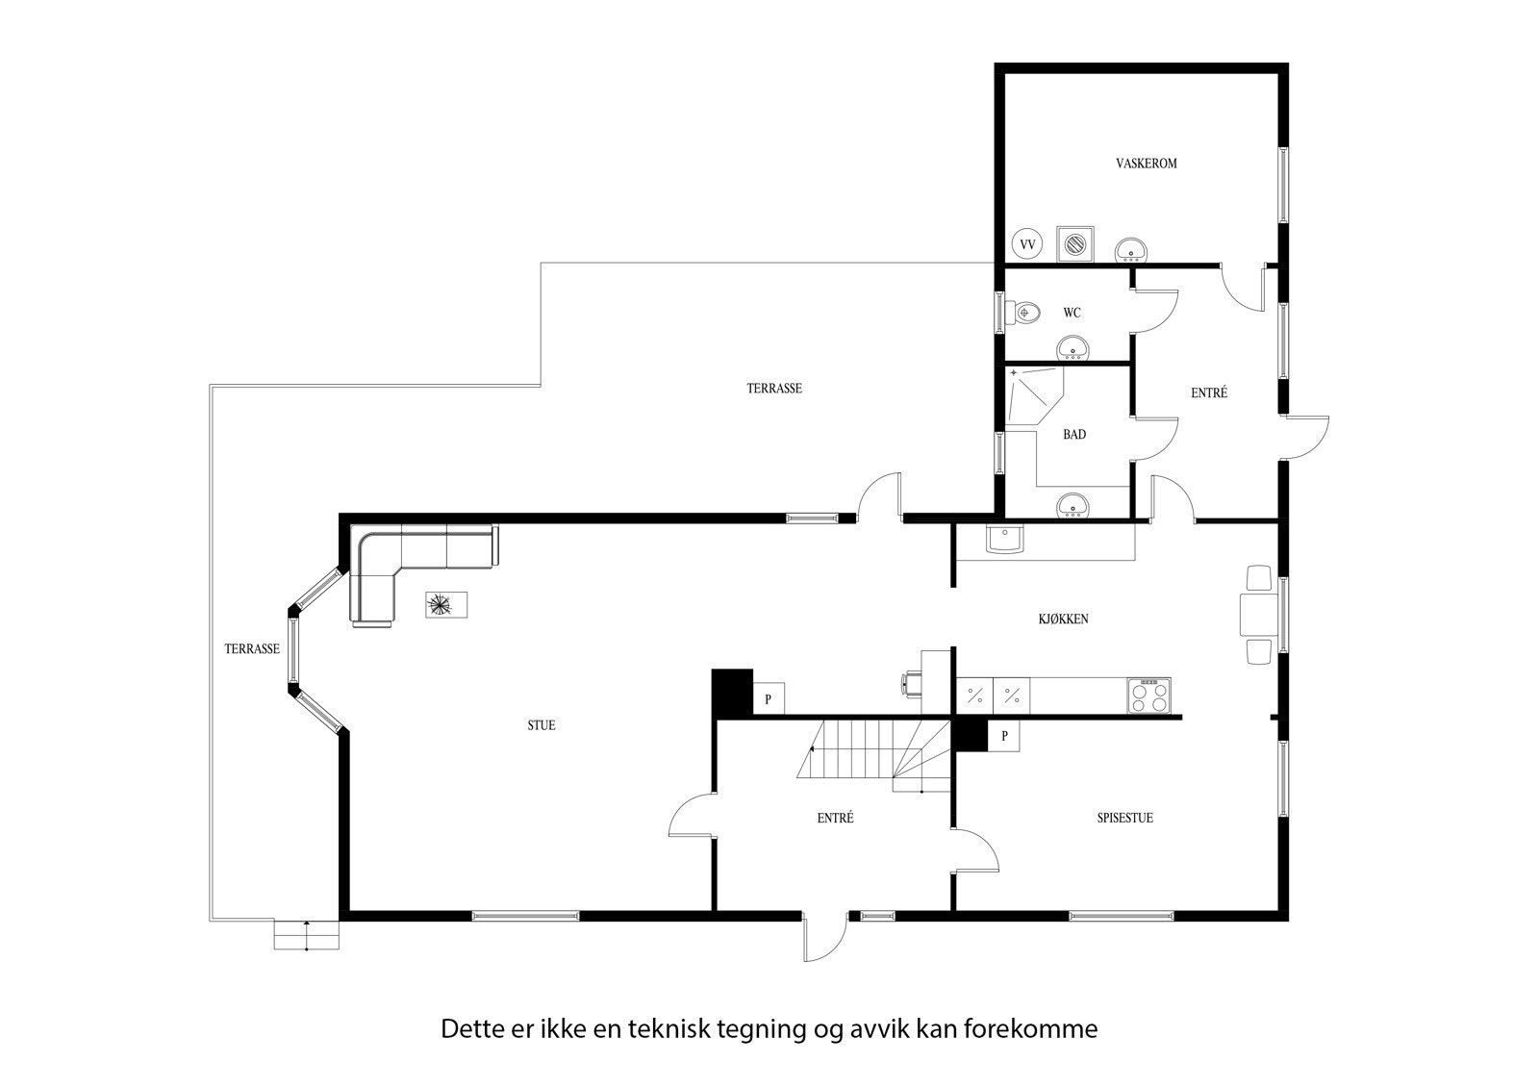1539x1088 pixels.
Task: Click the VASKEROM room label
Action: (1146, 164)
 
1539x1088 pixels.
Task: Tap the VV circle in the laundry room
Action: (1027, 245)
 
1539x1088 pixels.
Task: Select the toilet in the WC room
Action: (1025, 312)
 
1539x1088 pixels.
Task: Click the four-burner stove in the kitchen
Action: (1149, 696)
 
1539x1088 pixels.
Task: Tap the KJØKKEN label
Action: (1063, 620)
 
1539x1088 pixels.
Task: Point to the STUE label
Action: (541, 725)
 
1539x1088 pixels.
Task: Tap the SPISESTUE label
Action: (1124, 819)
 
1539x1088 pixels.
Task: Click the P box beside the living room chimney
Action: (768, 699)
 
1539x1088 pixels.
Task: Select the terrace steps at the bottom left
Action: (307, 935)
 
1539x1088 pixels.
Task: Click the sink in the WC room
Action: (1072, 347)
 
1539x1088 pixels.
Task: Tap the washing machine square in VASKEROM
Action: (1074, 243)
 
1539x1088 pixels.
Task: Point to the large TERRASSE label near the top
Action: (774, 389)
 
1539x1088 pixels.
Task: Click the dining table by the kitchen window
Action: (1259, 615)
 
